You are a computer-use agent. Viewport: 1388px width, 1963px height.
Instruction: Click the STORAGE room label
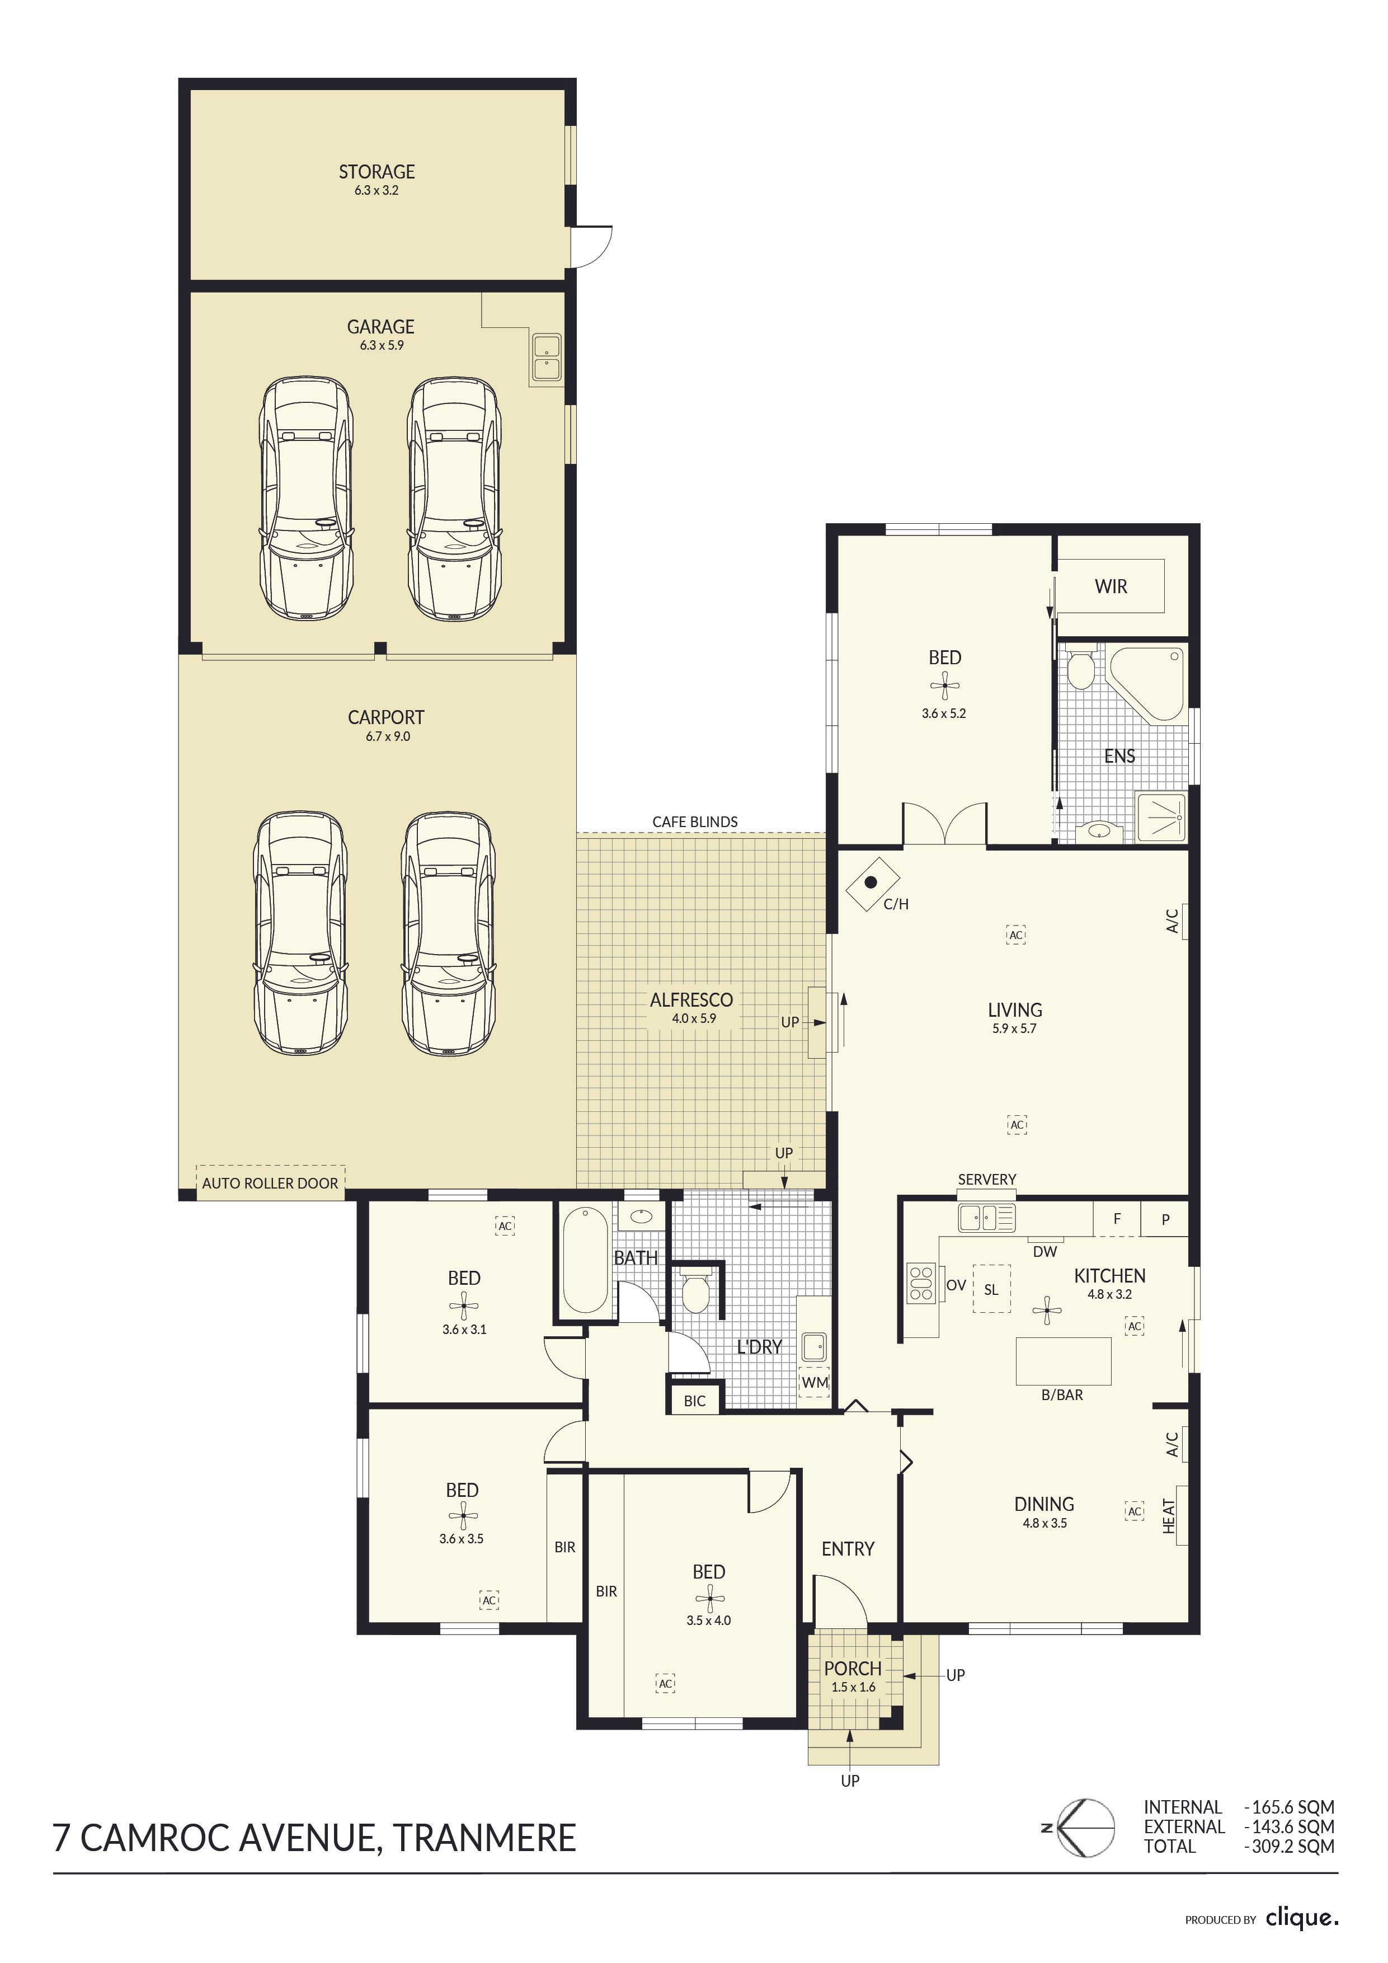click(377, 172)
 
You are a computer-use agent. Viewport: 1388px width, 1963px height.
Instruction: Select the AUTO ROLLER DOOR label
click(270, 1184)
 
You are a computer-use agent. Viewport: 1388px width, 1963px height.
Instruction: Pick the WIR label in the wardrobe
click(1111, 586)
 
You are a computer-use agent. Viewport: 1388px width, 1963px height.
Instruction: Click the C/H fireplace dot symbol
click(871, 882)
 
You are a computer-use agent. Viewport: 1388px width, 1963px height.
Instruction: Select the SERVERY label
click(987, 1179)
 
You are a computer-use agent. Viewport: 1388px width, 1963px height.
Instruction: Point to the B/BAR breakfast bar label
click(1062, 1394)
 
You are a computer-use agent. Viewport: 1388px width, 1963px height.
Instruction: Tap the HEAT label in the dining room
click(1170, 1516)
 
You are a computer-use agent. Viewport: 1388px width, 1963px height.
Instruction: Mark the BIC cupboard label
click(695, 1401)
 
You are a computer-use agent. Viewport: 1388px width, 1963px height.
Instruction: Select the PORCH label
click(853, 1668)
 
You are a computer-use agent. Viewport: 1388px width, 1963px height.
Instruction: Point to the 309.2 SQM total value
click(1293, 1846)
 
